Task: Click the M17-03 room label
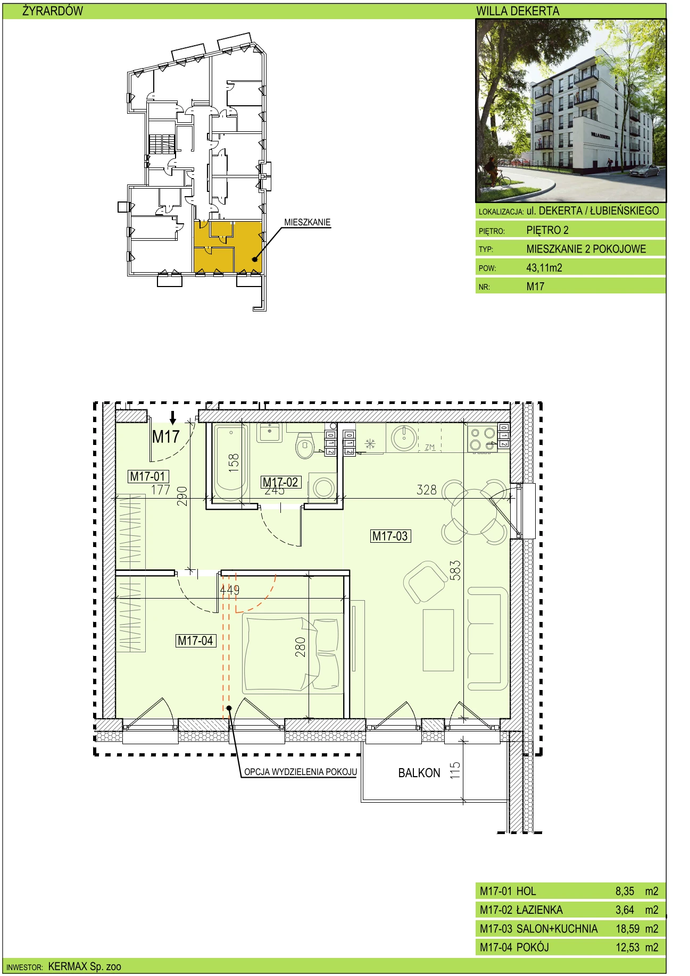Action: click(390, 536)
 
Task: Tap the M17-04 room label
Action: click(195, 641)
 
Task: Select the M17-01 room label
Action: click(148, 476)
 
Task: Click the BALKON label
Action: click(419, 773)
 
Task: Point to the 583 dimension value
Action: click(455, 570)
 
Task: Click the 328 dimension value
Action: click(427, 490)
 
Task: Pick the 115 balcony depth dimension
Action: click(455, 771)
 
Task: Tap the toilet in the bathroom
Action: click(305, 445)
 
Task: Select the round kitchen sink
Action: click(404, 437)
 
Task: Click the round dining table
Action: click(475, 512)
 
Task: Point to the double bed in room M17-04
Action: click(293, 653)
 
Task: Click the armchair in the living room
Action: click(425, 582)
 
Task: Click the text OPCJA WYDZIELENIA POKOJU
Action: click(301, 772)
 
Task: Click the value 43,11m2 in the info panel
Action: click(544, 268)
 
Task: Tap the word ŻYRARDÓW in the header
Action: click(53, 11)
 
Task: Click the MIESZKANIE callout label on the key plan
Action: click(307, 222)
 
